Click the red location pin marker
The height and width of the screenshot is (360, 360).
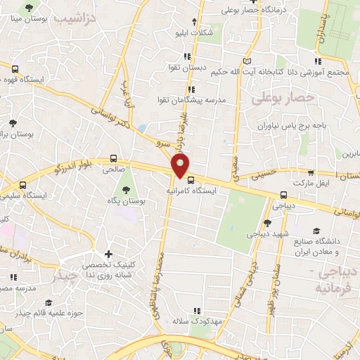pos(181,166)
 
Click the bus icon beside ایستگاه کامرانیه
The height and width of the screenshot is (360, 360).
pos(191,179)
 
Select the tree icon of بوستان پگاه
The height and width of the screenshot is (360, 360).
pos(125,189)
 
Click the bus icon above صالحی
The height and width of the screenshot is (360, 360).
pos(114,159)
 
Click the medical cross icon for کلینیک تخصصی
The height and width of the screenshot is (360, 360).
pos(108,254)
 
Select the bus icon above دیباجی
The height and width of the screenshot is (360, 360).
pos(283,195)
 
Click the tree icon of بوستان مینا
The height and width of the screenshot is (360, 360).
pos(29,8)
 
